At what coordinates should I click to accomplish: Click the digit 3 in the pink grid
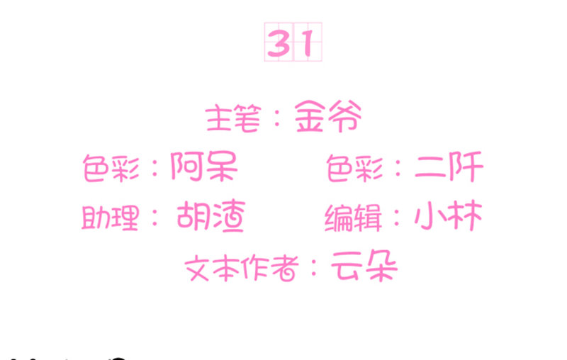coord(279,43)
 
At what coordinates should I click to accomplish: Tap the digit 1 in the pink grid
coord(308,43)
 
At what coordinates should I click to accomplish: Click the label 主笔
coord(233,118)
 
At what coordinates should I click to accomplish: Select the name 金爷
coord(328,116)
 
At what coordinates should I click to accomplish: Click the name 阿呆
coord(204,166)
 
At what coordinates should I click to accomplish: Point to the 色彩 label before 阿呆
coord(111,168)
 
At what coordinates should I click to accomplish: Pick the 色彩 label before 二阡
coord(354,168)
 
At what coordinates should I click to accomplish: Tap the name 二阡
coord(449,167)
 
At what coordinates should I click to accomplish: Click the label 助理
coord(111,218)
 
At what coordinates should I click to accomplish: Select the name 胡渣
coord(211,215)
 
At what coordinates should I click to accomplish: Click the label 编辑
coord(353,218)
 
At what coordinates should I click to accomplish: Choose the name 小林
coord(449,215)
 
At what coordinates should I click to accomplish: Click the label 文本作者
coord(242,268)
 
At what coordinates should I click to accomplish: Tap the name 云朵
coord(364,266)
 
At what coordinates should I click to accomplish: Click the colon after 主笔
coord(277,118)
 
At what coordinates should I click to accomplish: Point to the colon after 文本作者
coord(314,268)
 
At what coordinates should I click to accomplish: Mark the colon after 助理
coord(155,218)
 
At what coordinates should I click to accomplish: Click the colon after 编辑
coord(397,218)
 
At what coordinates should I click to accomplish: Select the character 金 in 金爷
coord(310,116)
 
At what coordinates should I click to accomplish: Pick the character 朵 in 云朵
coord(381,266)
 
